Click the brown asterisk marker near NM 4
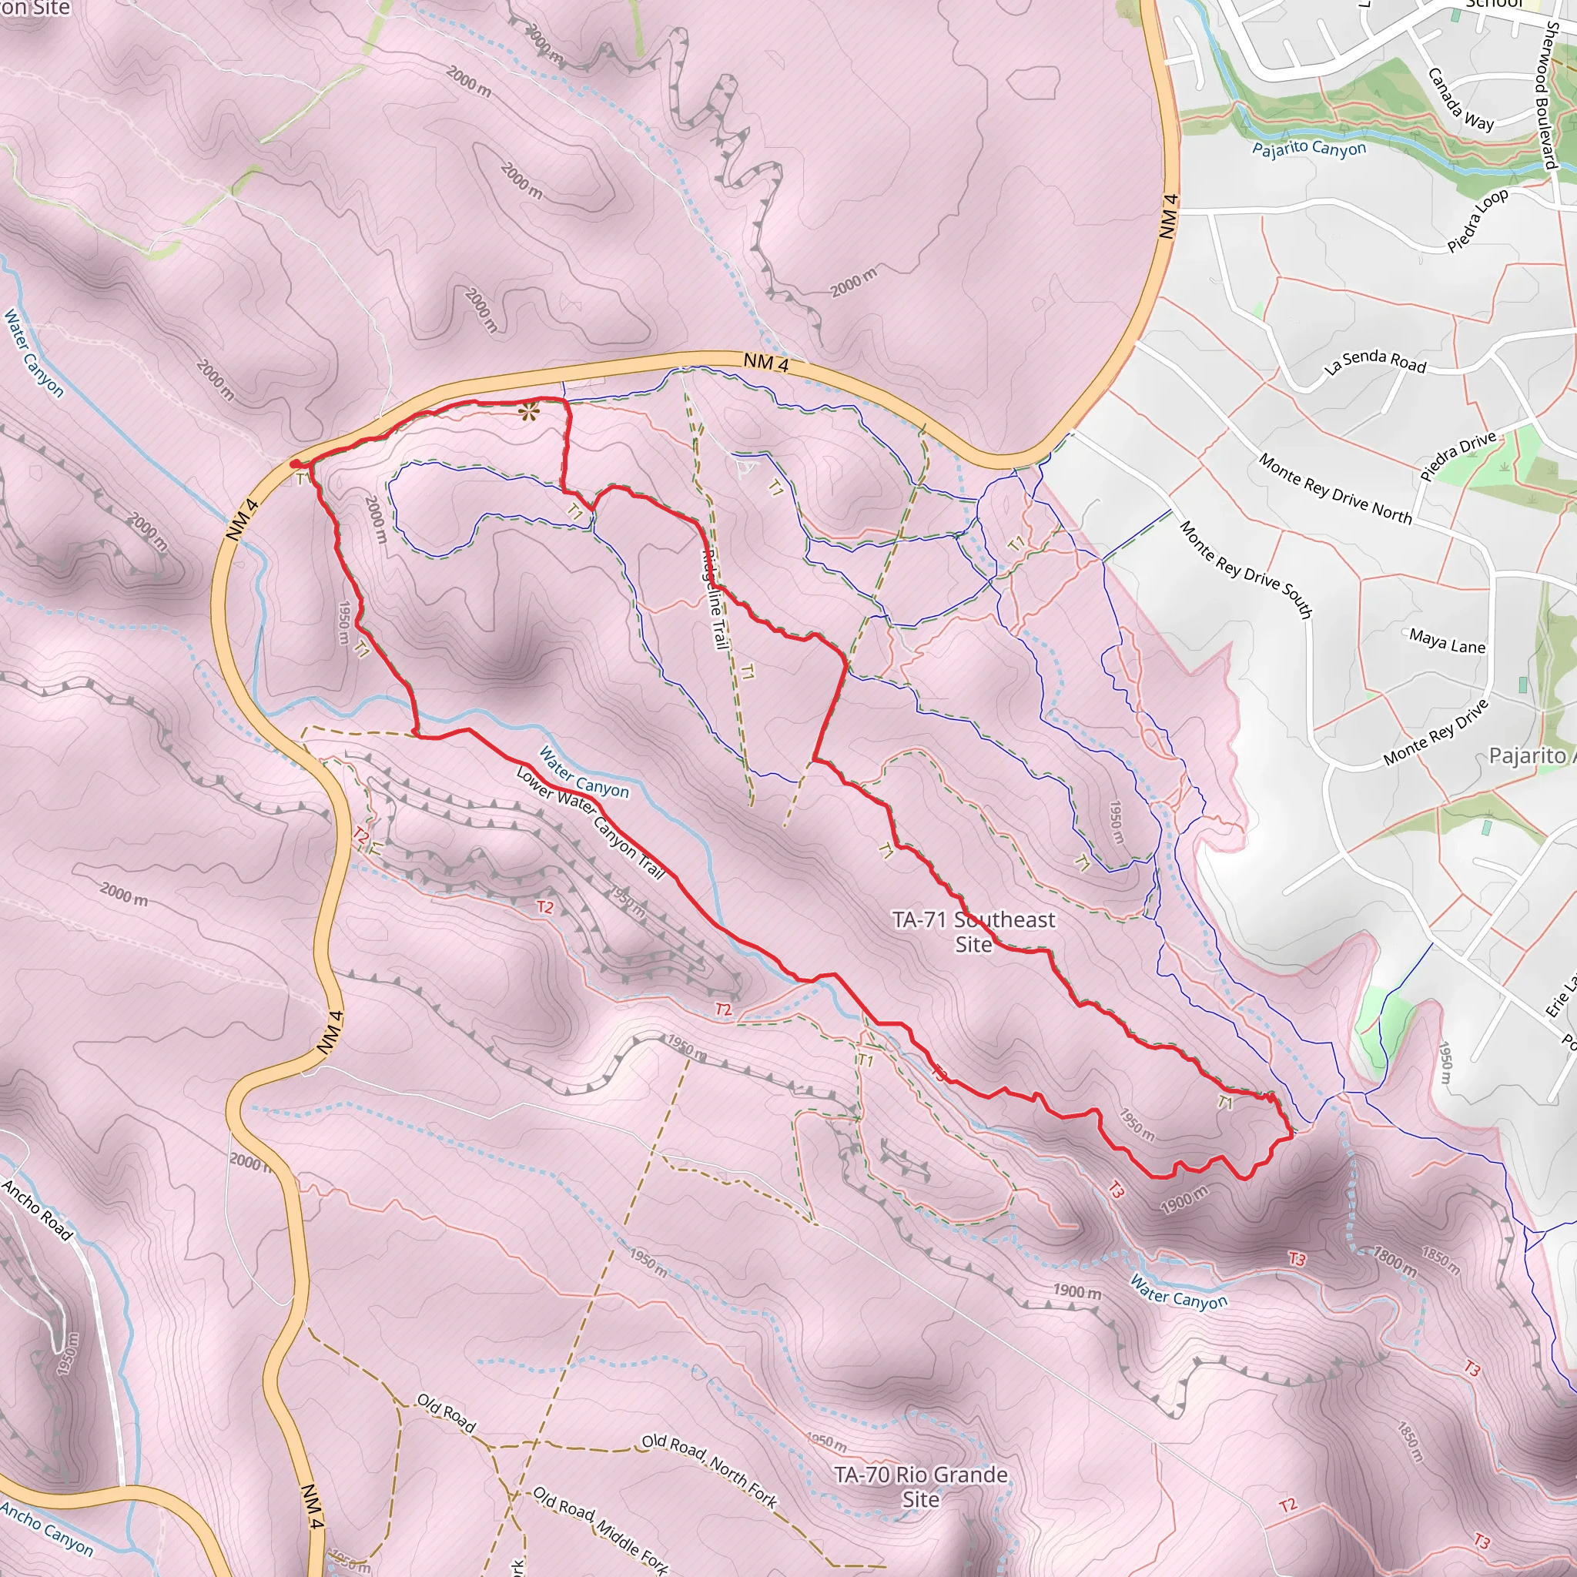pos(529,410)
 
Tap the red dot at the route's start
pos(295,464)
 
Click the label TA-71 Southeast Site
pos(973,932)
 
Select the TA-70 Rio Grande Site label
pos(920,1486)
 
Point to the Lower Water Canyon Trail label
pos(590,822)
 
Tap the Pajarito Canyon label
pos(1308,149)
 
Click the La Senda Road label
pos(1374,363)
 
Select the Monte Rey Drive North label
pos(1334,488)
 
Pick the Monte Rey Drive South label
pos(1246,569)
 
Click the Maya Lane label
pos(1446,641)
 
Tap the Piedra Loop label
pos(1478,220)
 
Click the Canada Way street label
pos(1460,99)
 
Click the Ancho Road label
pos(37,1210)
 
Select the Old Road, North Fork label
pos(708,1470)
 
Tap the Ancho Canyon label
pos(46,1527)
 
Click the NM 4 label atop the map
pos(765,363)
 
